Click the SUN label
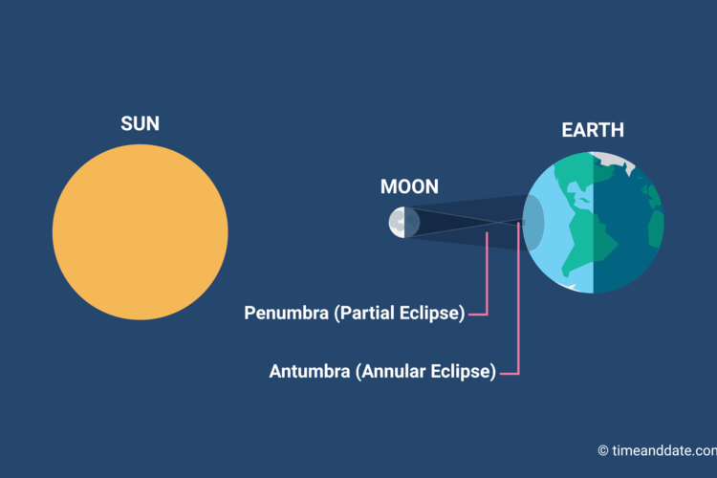point(140,124)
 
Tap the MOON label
point(409,187)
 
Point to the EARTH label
point(593,130)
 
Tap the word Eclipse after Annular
point(466,372)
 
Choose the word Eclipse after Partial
point(435,313)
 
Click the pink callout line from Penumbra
point(488,277)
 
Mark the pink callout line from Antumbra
point(517,306)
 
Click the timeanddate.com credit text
point(663,450)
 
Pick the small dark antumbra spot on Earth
point(522,223)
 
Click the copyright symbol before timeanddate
point(603,450)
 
